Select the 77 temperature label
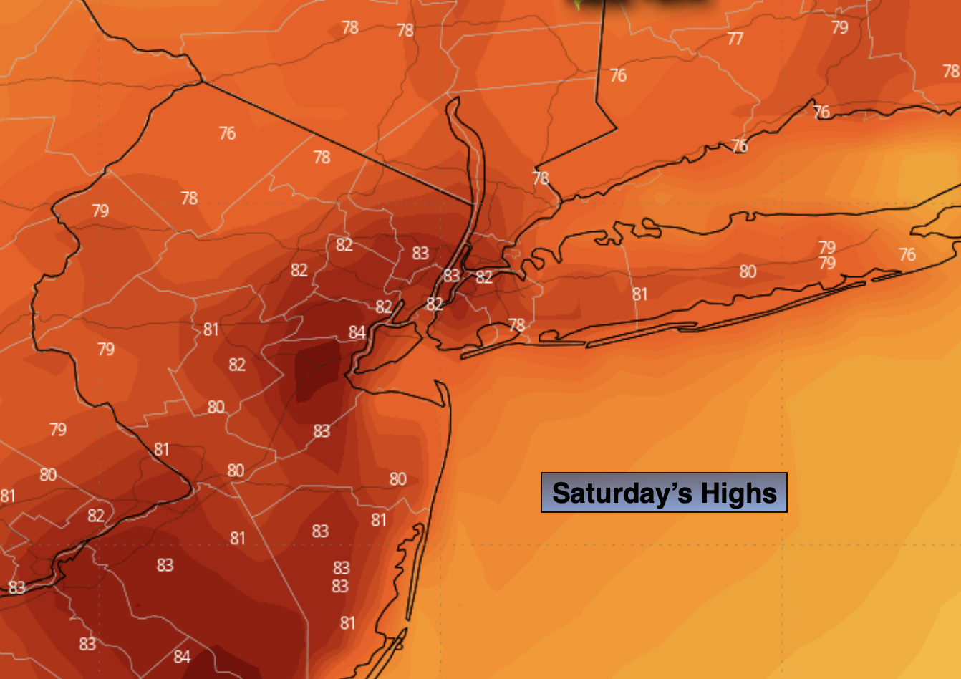[735, 39]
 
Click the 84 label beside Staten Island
[357, 332]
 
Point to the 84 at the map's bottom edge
[182, 656]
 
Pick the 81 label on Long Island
[639, 294]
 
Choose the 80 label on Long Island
[748, 271]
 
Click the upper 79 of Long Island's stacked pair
[827, 247]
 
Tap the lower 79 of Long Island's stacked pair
[827, 263]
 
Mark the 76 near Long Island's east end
[907, 254]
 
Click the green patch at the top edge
[581, 4]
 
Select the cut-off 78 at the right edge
[951, 71]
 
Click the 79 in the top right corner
[839, 27]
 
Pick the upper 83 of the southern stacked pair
[341, 568]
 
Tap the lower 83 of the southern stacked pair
[340, 586]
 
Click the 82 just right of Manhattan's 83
[484, 276]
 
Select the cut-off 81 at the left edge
[7, 496]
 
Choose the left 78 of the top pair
[349, 27]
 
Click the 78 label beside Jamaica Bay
[516, 325]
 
